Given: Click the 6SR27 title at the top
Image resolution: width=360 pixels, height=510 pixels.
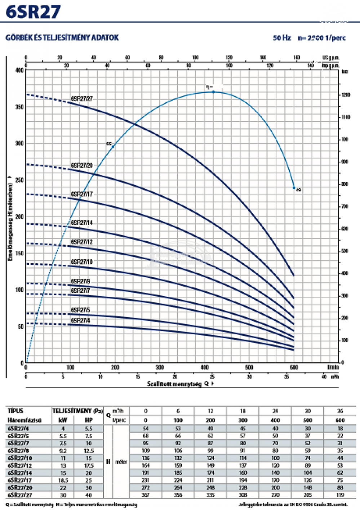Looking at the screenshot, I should point(33,12).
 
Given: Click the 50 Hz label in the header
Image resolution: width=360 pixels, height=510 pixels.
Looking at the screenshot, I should point(282,38).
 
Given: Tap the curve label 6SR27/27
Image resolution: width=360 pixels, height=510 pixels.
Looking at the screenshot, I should point(81,98).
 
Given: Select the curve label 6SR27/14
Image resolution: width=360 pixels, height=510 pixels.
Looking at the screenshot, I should point(81,223).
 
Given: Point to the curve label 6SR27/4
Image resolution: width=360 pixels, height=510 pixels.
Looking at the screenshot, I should point(80,320).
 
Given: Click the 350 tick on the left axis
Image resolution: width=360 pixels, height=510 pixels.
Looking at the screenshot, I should point(19,107).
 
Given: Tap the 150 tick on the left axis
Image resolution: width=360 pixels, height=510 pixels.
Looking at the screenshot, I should point(19,253).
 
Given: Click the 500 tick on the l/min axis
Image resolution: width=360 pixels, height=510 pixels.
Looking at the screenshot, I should point(249,367).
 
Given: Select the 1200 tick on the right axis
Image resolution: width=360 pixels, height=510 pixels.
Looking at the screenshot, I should point(346,95).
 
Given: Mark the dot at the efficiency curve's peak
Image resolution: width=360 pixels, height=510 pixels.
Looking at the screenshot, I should point(213,92).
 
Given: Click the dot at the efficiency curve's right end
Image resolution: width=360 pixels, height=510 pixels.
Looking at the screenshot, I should point(294,188).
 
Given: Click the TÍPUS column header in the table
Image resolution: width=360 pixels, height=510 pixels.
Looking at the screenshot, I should point(15,411).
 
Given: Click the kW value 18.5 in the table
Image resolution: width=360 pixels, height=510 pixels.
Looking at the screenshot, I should point(63,480).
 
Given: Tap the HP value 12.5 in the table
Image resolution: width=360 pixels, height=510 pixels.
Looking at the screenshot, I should point(89,451).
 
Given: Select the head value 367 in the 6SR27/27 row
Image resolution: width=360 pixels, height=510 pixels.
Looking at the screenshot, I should point(146,495).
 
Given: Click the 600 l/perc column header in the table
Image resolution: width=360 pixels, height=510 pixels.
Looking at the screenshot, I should point(340,420).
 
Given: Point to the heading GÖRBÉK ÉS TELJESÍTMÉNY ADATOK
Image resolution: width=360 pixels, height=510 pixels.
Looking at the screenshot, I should point(62,37).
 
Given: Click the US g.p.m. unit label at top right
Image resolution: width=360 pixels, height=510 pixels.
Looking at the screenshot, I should point(330,58).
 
